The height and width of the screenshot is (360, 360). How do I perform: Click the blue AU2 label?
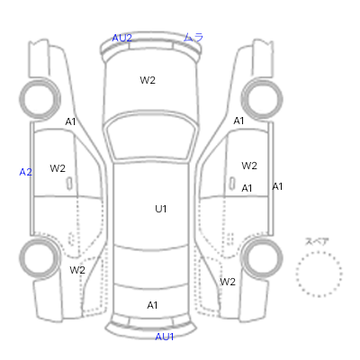[x=121, y=38]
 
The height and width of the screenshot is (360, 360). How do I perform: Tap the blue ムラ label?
[x=193, y=37]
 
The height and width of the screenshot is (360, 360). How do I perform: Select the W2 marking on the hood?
[x=148, y=80]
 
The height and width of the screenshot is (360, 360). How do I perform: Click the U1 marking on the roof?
[x=161, y=209]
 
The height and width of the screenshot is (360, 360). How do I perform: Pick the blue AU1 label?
[x=165, y=337]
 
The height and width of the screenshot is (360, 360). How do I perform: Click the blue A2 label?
[x=25, y=172]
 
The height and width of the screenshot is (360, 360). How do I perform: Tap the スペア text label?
[x=317, y=241]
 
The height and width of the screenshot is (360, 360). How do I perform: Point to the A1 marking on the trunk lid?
[x=152, y=305]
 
